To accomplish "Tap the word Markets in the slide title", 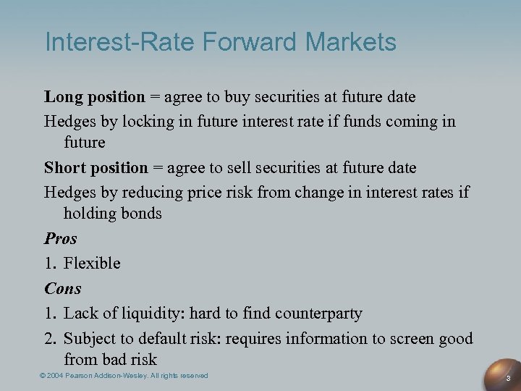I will pos(351,42).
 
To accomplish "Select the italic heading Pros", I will pos(60,239).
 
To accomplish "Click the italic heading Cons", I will pos(62,288).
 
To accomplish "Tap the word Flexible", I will pos(92,264).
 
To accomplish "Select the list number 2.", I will pos(49,338).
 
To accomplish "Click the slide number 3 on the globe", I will pos(508,378).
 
